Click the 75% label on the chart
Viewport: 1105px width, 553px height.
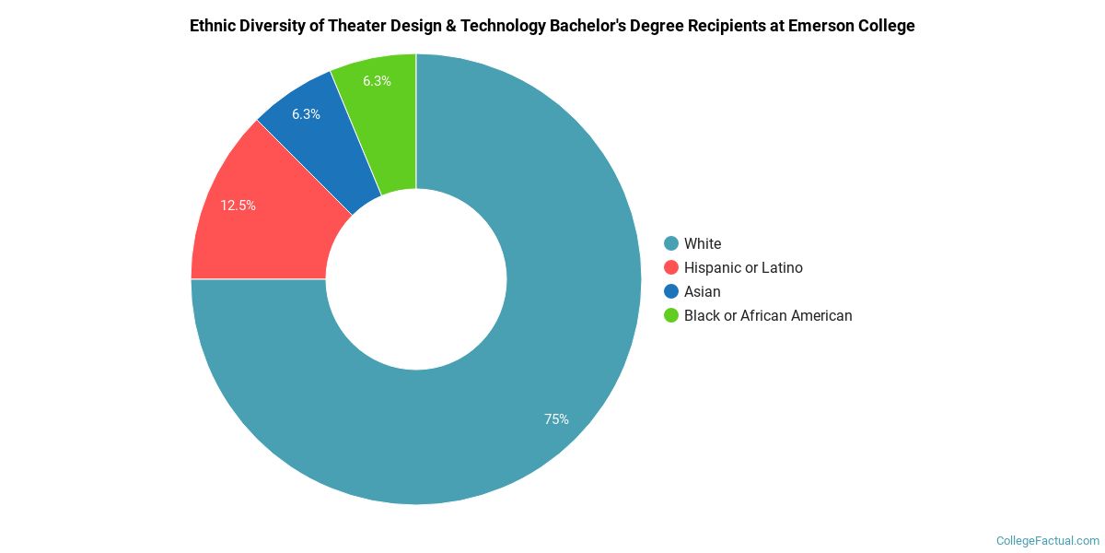[556, 419]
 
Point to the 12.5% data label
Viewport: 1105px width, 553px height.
[238, 206]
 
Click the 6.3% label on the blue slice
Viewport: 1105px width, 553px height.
[306, 114]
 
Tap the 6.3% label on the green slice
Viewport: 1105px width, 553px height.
[377, 81]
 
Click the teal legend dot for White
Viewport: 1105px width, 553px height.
[671, 243]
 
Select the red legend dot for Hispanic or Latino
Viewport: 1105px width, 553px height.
[671, 267]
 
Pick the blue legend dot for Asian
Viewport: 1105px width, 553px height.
[671, 291]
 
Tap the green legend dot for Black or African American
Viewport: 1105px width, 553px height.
[671, 315]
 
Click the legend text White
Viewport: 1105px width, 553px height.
[703, 243]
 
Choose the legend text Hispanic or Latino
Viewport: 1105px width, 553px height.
[743, 267]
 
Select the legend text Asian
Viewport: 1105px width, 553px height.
[703, 291]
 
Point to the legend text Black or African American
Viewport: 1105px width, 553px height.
[768, 315]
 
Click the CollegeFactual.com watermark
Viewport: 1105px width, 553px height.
[1048, 540]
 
